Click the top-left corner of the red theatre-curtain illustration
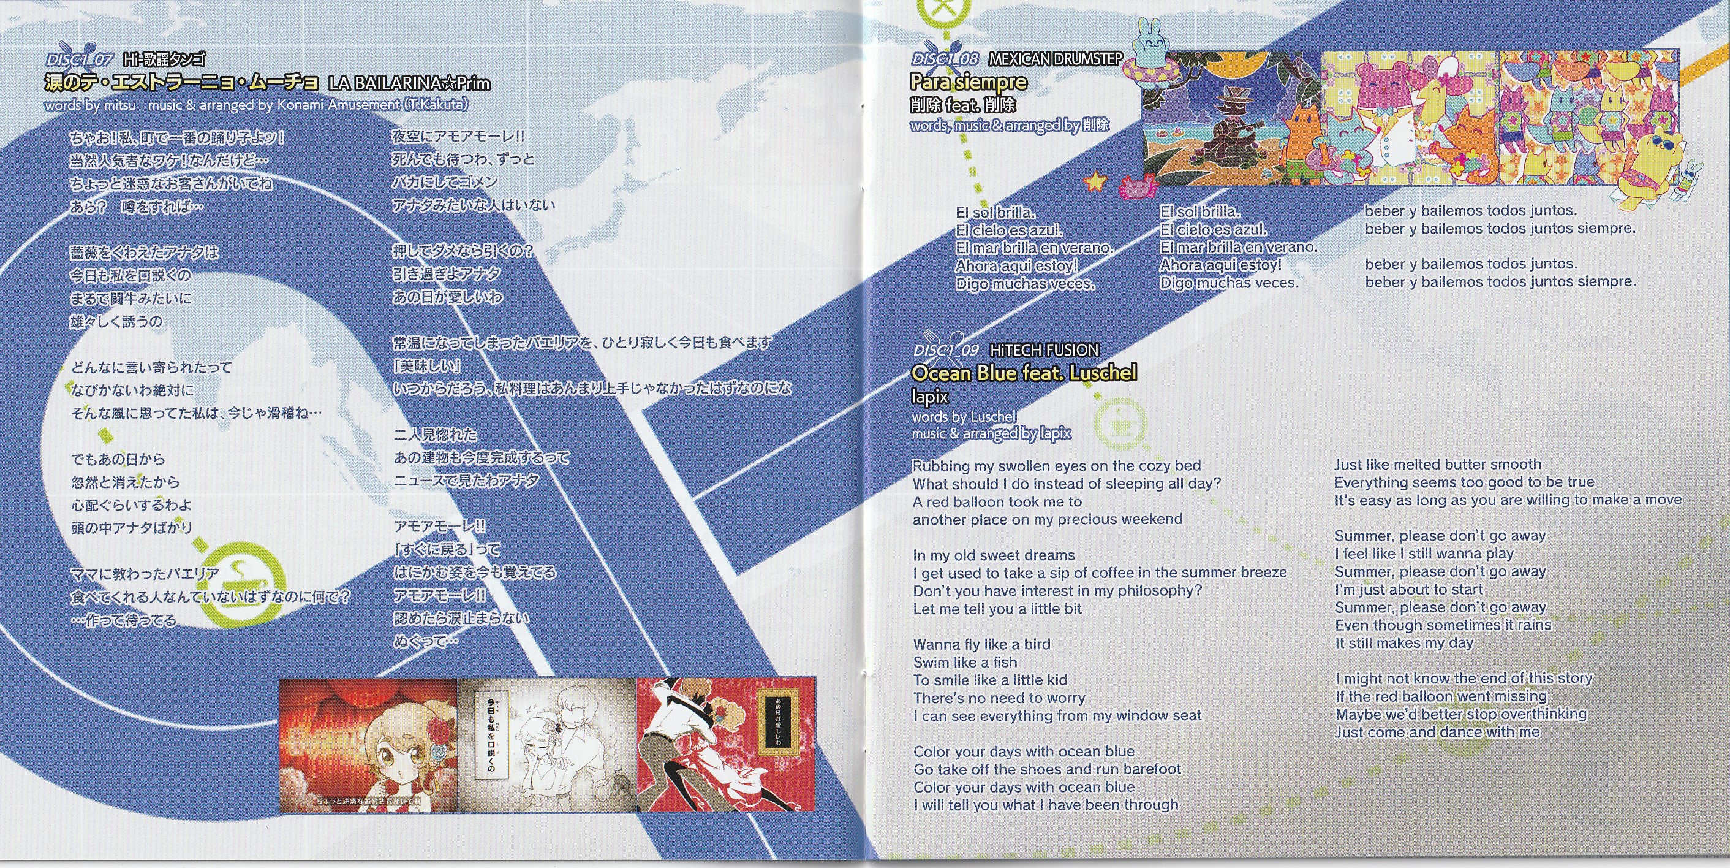click(x=279, y=679)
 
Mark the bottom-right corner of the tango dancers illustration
click(x=815, y=812)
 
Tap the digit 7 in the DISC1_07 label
click(x=107, y=60)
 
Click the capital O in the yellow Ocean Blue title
click(x=920, y=373)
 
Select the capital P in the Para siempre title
click(x=918, y=82)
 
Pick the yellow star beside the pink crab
click(x=1094, y=181)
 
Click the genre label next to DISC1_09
click(x=1044, y=350)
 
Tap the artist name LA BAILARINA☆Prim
click(x=409, y=84)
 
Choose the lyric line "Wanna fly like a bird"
click(x=982, y=644)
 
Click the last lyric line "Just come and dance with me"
click(x=1437, y=732)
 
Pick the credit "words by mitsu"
click(x=90, y=105)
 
